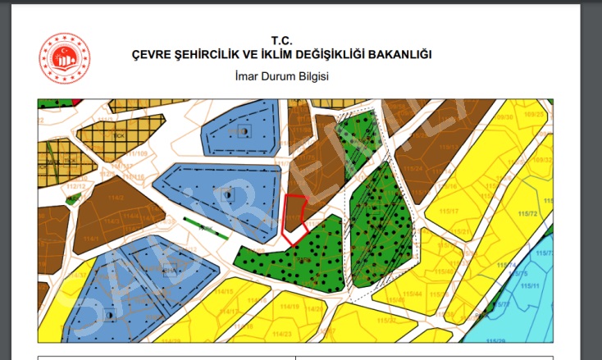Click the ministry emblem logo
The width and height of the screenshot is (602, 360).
click(65, 58)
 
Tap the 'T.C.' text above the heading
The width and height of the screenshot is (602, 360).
click(281, 40)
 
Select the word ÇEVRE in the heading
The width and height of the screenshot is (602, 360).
click(153, 54)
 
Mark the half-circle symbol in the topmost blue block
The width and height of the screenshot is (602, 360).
click(244, 132)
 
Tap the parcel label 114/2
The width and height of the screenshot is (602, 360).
click(116, 198)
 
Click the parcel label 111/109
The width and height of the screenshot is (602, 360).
click(137, 153)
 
